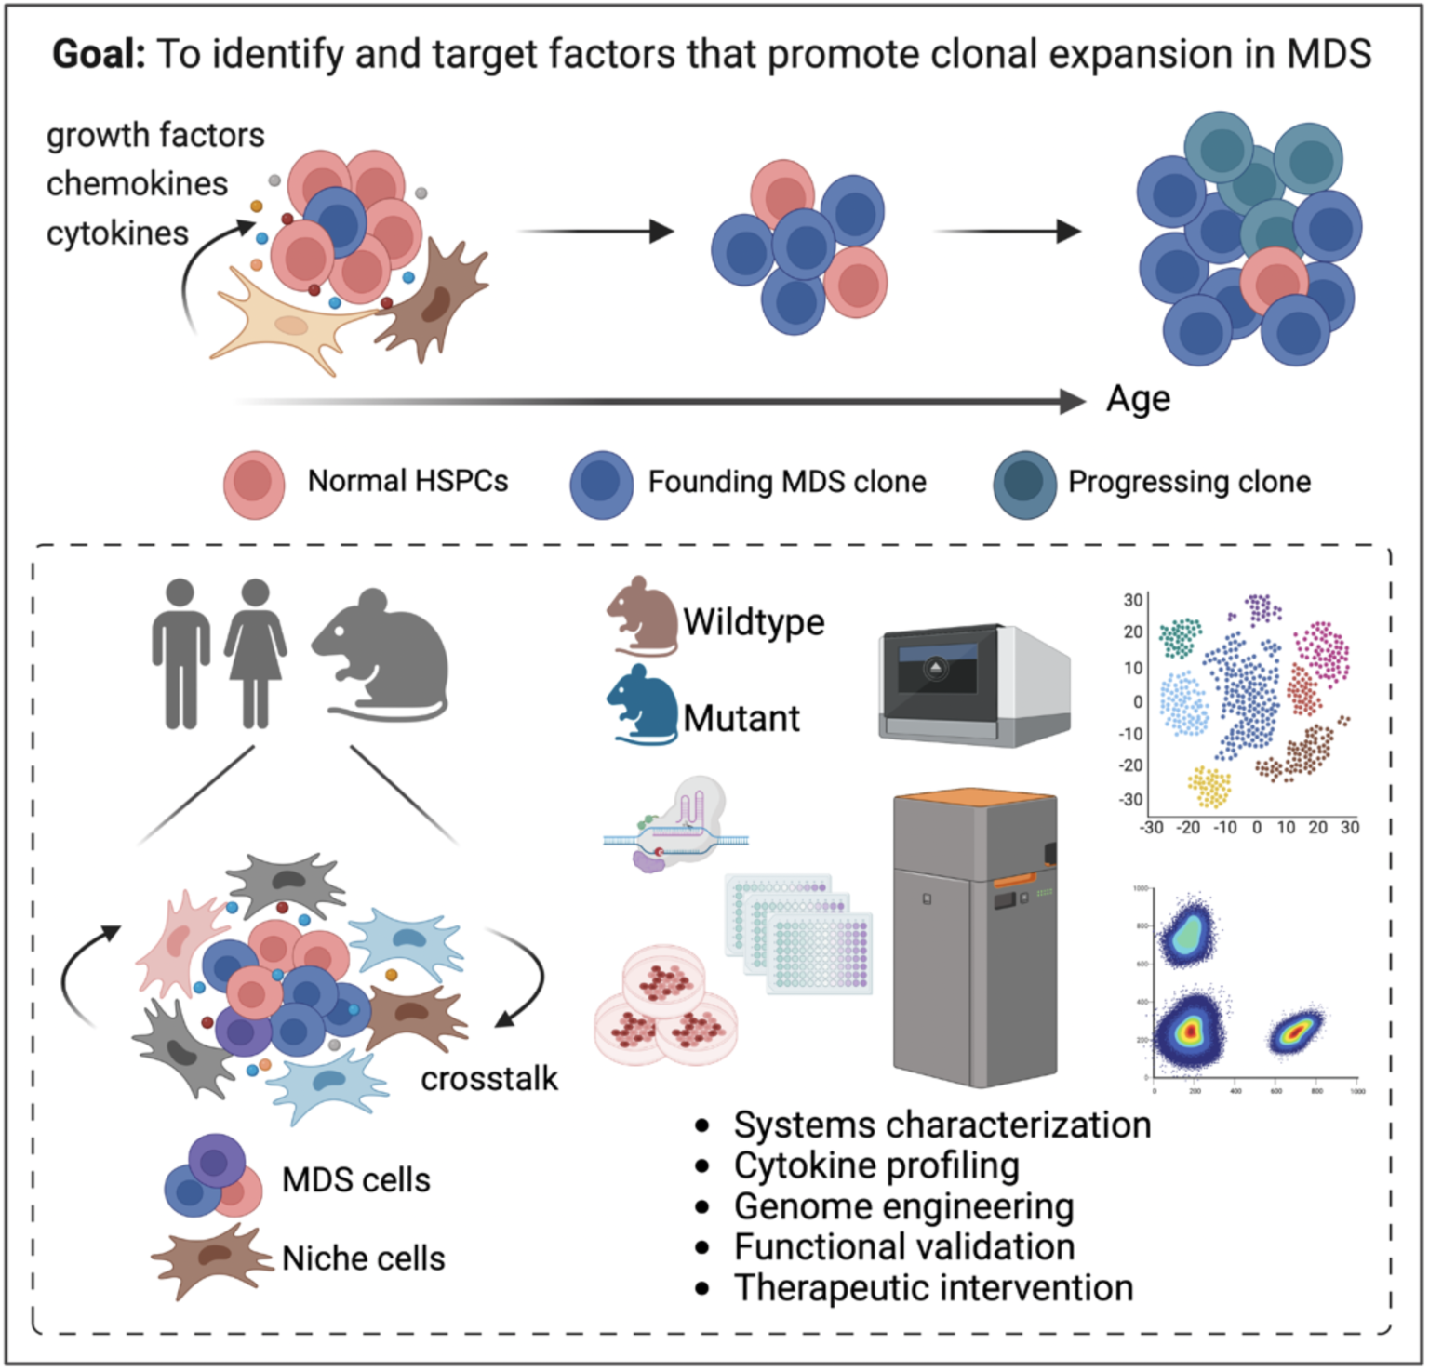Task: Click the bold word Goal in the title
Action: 99,54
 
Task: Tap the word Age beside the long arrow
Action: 1138,399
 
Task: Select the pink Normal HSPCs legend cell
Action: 254,484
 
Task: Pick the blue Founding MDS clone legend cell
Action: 602,484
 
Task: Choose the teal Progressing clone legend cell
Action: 1024,484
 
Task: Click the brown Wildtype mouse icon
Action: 643,617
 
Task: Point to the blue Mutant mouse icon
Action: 643,704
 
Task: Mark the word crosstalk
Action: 489,1079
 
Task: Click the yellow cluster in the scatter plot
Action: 1209,787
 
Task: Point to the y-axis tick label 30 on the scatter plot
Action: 1132,600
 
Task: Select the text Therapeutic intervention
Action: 933,1288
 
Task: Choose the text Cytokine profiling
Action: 876,1165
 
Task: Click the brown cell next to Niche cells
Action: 213,1258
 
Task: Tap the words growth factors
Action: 155,135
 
